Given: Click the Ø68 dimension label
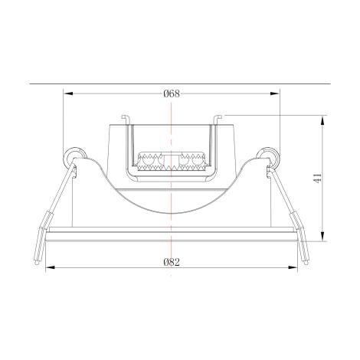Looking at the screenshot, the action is tap(172, 93).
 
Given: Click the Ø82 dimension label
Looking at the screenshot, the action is tap(172, 262).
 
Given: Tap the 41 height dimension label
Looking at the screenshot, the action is tap(317, 178).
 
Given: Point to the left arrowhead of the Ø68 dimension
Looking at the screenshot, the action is tap(68, 93).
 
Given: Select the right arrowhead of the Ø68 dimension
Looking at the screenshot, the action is tap(275, 93).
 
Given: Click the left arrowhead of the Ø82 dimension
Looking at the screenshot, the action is tap(51, 267).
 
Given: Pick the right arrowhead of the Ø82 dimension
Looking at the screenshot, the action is tap(293, 267).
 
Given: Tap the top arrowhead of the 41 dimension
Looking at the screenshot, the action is tap(322, 120).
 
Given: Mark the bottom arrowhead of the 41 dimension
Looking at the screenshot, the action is tap(322, 236).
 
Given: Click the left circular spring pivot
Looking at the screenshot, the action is tap(74, 156).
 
